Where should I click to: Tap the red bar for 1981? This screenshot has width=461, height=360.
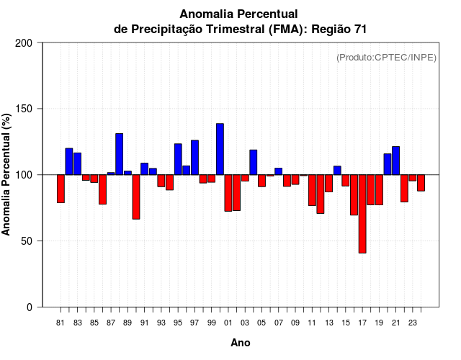click(x=61, y=189)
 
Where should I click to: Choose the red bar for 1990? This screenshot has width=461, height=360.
click(x=136, y=197)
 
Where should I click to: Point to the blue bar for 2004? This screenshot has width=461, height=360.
click(x=253, y=162)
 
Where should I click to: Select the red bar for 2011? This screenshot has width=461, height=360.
click(x=312, y=190)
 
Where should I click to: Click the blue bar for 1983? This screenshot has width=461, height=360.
click(x=77, y=163)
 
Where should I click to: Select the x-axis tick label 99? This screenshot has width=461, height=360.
click(x=212, y=323)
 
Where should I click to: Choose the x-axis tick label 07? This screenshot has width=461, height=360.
click(x=278, y=323)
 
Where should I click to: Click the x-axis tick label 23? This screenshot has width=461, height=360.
click(x=412, y=323)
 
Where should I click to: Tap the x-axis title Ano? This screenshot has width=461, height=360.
click(x=241, y=343)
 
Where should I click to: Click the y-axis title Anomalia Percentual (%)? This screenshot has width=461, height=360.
click(x=7, y=174)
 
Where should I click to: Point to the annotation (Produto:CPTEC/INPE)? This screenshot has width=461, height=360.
click(x=386, y=58)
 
